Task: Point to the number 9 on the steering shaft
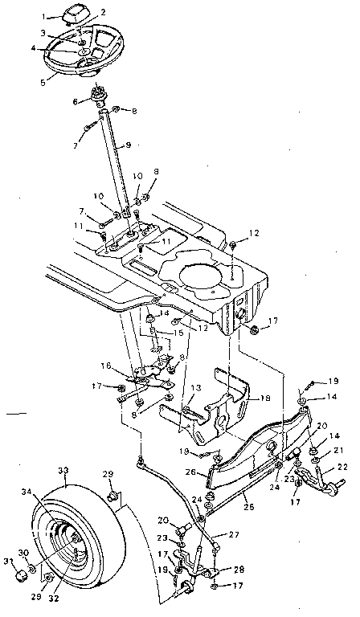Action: [118, 146]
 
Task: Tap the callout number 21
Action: [337, 452]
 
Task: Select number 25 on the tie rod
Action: [248, 506]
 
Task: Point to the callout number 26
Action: [191, 472]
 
